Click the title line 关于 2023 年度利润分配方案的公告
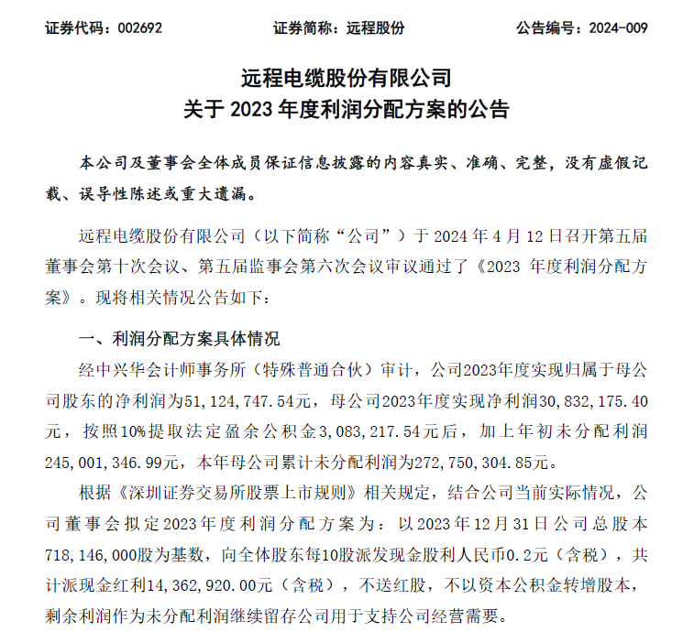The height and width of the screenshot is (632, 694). pyautogui.click(x=347, y=110)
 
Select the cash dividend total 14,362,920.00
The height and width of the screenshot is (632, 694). pyautogui.click(x=227, y=584)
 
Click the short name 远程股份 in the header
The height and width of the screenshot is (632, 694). pyautogui.click(x=375, y=28)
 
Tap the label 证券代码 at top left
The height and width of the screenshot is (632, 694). pyautogui.click(x=72, y=28)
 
